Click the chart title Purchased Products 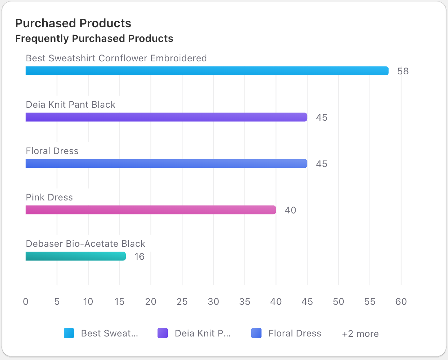[73, 23]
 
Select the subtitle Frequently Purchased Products [94, 39]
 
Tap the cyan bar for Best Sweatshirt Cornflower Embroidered [207, 71]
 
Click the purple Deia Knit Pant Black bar [166, 117]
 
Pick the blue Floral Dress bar [166, 164]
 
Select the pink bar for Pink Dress [151, 210]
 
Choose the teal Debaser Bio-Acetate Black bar [76, 256]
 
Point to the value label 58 [403, 71]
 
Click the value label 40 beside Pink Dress [290, 210]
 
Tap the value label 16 [139, 257]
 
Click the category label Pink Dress [49, 197]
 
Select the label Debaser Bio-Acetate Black [86, 244]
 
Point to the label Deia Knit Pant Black [71, 105]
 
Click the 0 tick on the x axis [26, 302]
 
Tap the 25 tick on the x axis [182, 302]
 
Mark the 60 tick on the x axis [401, 302]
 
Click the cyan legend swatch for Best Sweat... [69, 333]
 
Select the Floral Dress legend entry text [295, 333]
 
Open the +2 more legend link [360, 334]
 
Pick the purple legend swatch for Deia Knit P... [163, 333]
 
